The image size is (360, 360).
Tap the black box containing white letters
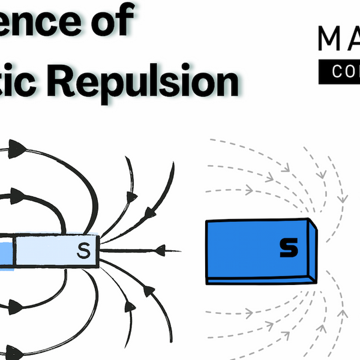pos(338,71)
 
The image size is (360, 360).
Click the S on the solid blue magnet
pos(289,248)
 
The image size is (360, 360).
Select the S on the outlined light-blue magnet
pos(84,251)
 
